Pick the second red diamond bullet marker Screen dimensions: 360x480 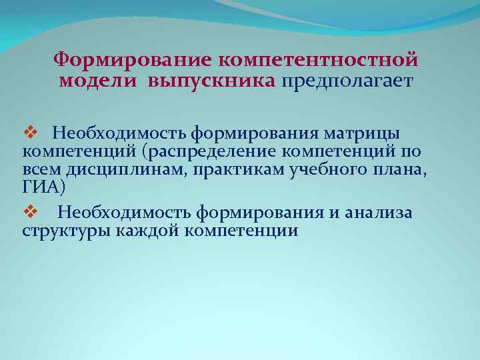pos(28,213)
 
